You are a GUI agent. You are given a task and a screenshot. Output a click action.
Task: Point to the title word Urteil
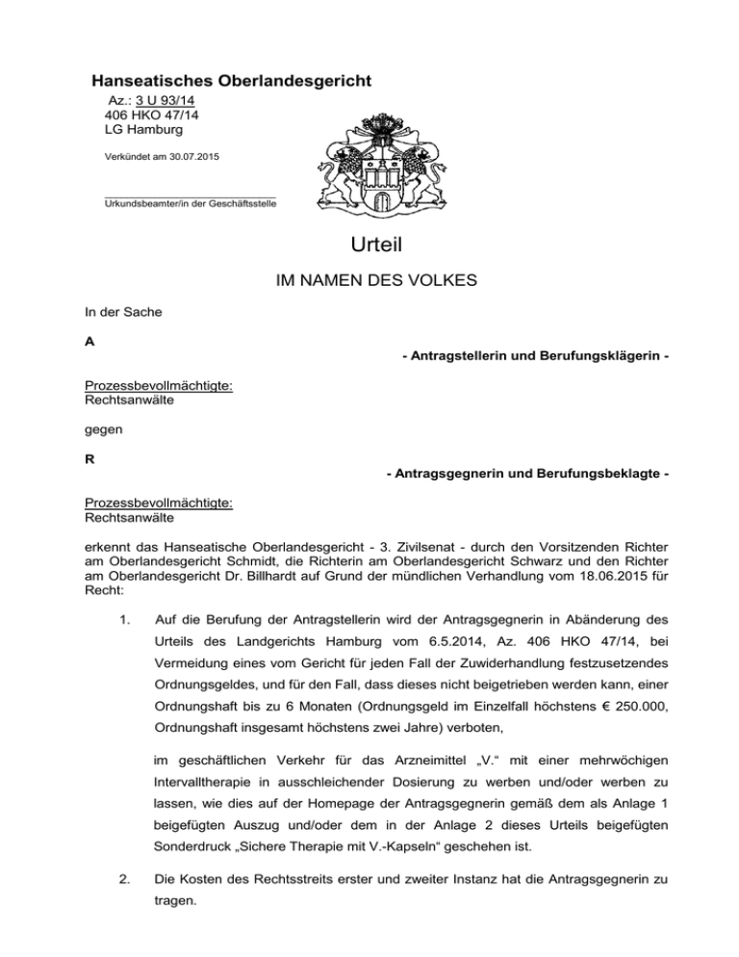click(x=369, y=246)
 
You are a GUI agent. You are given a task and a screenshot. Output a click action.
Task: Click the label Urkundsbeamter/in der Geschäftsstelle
click(x=190, y=204)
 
